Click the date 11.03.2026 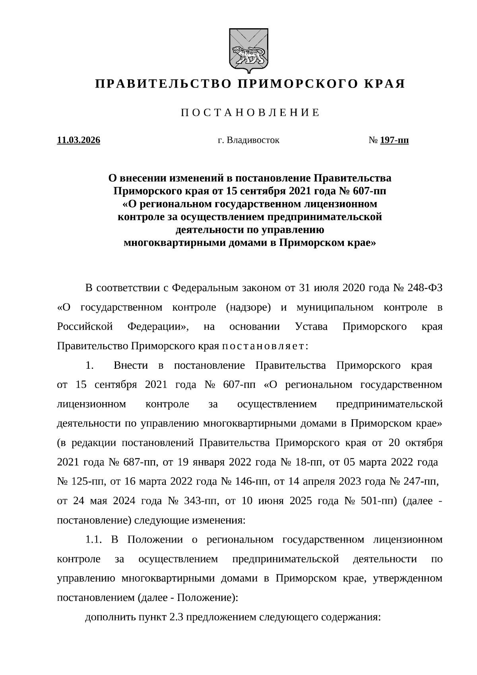point(79,140)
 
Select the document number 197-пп point(394,140)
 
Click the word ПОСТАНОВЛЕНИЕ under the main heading point(250,113)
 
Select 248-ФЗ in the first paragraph point(425,288)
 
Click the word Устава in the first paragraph point(312,327)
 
